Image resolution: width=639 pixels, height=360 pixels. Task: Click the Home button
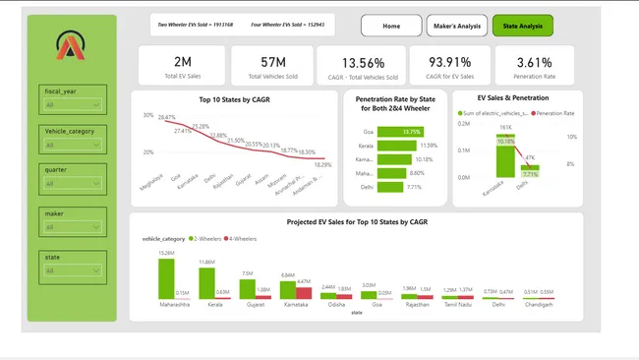pos(391,26)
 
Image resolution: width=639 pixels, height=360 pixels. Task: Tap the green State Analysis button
pos(522,26)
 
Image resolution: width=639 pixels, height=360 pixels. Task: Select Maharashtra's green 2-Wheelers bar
pos(166,278)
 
